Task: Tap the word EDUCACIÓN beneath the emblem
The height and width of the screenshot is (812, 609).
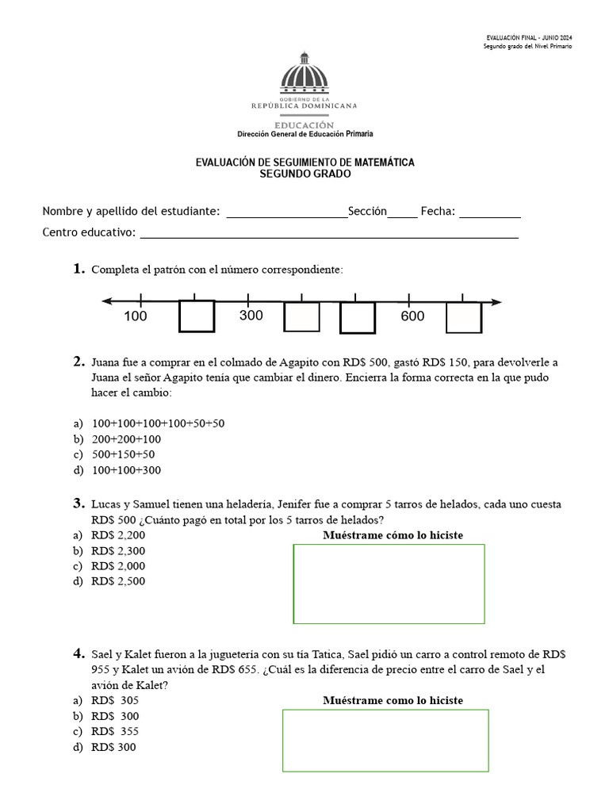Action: pos(304,125)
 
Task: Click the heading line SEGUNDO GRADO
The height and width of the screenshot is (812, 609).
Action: pos(305,174)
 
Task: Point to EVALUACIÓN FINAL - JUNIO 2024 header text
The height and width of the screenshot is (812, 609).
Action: pos(528,38)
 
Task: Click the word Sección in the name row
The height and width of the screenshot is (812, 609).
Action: pos(367,211)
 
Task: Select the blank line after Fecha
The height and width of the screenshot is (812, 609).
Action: pos(489,213)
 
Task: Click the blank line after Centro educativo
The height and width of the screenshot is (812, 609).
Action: pos(329,234)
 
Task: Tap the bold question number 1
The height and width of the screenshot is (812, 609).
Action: pos(79,270)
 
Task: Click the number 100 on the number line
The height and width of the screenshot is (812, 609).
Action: pos(136,316)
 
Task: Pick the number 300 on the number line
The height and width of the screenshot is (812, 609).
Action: pos(251,316)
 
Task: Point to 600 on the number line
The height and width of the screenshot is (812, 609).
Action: pos(412,316)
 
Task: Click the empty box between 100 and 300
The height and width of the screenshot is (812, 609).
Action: pos(197,316)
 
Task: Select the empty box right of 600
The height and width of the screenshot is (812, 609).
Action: pos(464,317)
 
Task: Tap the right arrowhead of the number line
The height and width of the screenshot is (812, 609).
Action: pos(496,301)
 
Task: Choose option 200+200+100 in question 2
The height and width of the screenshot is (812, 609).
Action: pos(126,439)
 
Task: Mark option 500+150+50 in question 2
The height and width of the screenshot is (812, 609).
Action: pos(123,454)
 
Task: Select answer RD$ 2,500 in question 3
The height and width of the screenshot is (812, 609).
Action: pos(118,581)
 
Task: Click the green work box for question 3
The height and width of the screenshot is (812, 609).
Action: pos(389,584)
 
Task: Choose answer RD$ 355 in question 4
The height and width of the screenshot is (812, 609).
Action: pos(115,731)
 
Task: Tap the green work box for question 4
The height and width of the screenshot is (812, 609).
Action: pos(385,740)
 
